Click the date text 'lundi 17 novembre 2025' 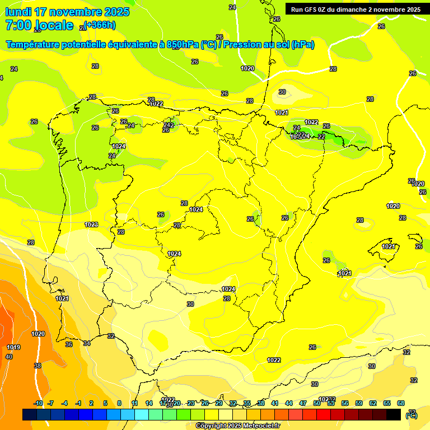tap(67, 12)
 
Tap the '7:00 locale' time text tap(39, 25)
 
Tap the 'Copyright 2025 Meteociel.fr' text tap(237, 426)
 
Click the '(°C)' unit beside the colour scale tap(412, 415)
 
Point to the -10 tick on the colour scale tap(38, 403)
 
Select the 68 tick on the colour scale tap(401, 403)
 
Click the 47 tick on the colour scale tap(303, 403)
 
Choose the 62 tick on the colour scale tap(373, 403)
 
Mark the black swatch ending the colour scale tap(394, 414)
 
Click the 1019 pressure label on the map tap(13, 348)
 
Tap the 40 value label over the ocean tap(9, 357)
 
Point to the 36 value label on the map tap(69, 344)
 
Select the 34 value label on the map tap(87, 343)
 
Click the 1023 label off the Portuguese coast tap(91, 225)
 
